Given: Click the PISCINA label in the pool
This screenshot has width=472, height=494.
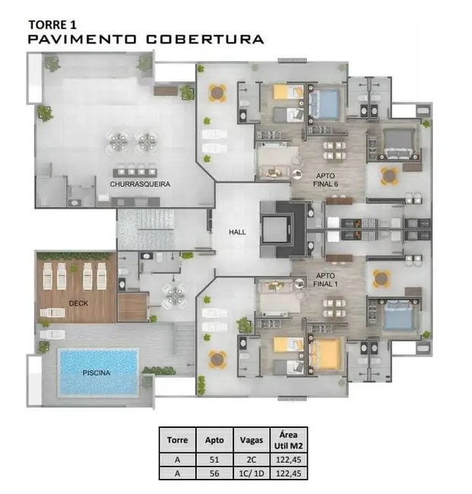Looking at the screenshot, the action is point(97,373).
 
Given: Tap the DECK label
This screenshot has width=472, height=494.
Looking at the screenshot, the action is point(78,303).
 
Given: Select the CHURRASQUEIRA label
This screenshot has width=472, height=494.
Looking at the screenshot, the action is point(140,184).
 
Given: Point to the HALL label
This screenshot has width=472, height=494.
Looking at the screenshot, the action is point(237,233).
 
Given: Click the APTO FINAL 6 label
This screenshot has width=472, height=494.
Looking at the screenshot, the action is point(325,180).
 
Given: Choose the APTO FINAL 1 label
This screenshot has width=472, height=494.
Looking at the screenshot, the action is point(325,280).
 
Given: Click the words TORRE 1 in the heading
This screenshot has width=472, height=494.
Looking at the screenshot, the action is point(52,25).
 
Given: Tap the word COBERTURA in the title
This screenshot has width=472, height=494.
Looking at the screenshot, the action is point(204,40).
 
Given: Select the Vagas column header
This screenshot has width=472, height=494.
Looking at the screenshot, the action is point(252,440).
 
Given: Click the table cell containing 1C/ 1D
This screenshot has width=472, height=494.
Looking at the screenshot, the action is point(252,473).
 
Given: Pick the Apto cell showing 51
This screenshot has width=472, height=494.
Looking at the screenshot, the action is point(214,460).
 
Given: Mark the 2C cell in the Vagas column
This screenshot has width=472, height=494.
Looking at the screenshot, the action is point(252,460).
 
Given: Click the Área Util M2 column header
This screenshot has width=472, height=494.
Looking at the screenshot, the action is point(288,440).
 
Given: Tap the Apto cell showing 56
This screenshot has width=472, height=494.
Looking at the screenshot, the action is point(214,473).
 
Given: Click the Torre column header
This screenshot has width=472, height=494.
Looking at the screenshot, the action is point(177,440).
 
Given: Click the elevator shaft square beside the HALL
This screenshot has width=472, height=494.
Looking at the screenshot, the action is point(275,229).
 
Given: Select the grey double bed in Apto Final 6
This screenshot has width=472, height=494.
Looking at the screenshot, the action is point(399,144).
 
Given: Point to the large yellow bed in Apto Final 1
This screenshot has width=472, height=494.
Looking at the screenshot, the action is point(326,353).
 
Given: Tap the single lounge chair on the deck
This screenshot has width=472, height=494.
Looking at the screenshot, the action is point(52,313).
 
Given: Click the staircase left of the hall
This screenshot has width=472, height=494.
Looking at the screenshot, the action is point(146,229).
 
